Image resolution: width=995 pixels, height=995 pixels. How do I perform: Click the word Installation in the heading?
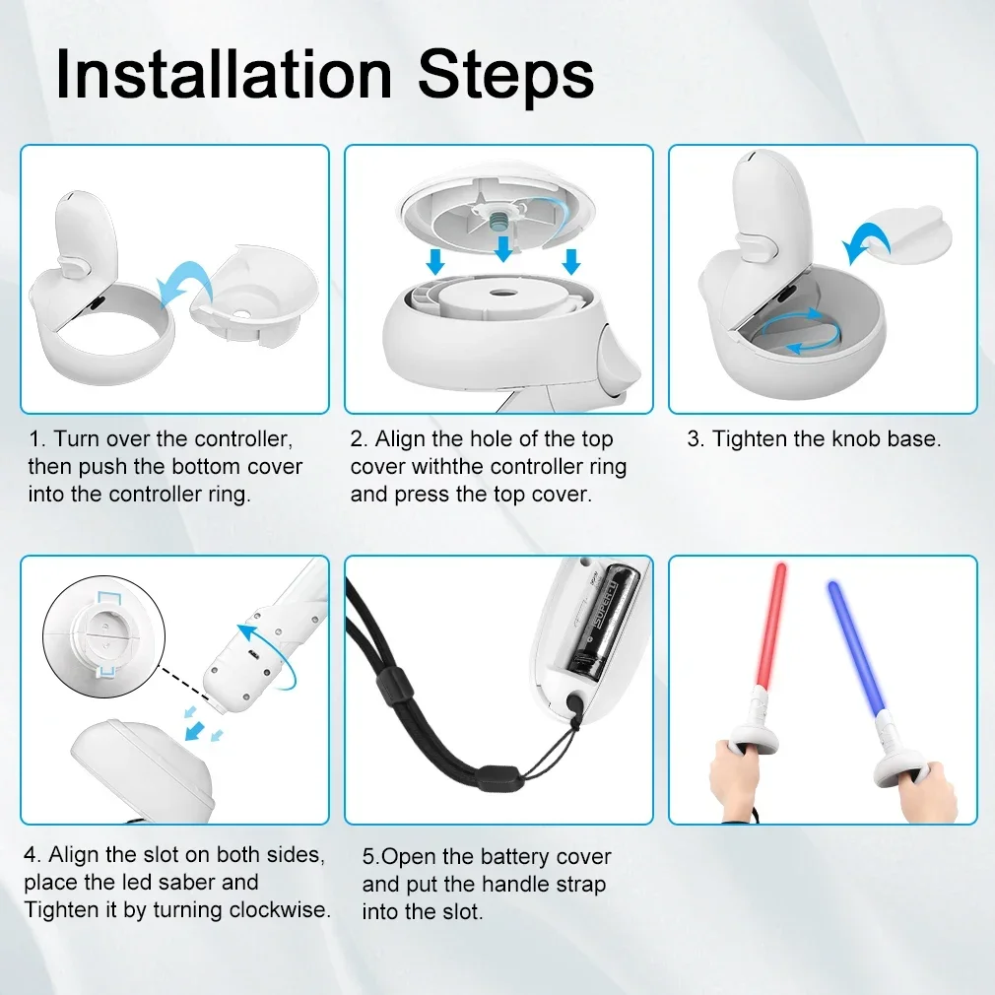click(224, 74)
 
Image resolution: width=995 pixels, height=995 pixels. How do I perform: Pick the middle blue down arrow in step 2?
click(503, 248)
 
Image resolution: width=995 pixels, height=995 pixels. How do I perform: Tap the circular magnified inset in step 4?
click(104, 636)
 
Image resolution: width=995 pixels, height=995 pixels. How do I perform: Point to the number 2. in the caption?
click(359, 438)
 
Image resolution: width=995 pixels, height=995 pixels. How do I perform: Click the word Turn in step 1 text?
click(76, 438)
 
